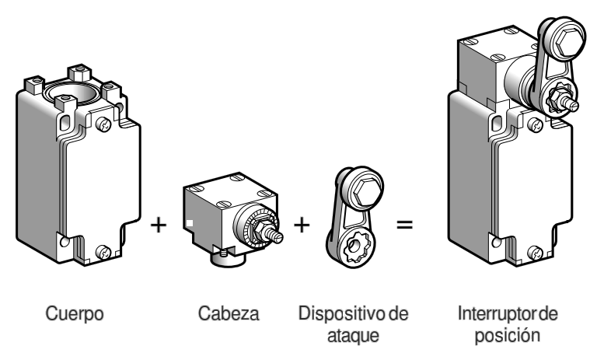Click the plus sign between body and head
click(158, 225)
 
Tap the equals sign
click(405, 225)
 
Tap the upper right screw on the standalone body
click(106, 122)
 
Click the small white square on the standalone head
click(188, 224)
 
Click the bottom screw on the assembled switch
click(535, 251)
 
